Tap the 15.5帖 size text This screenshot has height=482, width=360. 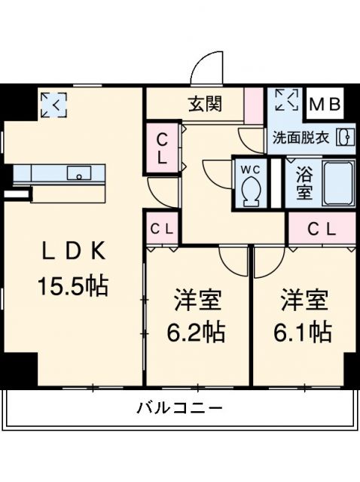point(72,286)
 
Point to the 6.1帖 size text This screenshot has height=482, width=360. point(305,332)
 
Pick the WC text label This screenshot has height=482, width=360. point(249,169)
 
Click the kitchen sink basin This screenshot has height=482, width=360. point(78,174)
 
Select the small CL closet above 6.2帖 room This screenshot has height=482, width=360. point(162,228)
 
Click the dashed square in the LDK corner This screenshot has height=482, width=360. point(53,104)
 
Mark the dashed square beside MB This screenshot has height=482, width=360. point(286,101)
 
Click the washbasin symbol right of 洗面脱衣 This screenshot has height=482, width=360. point(345,137)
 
